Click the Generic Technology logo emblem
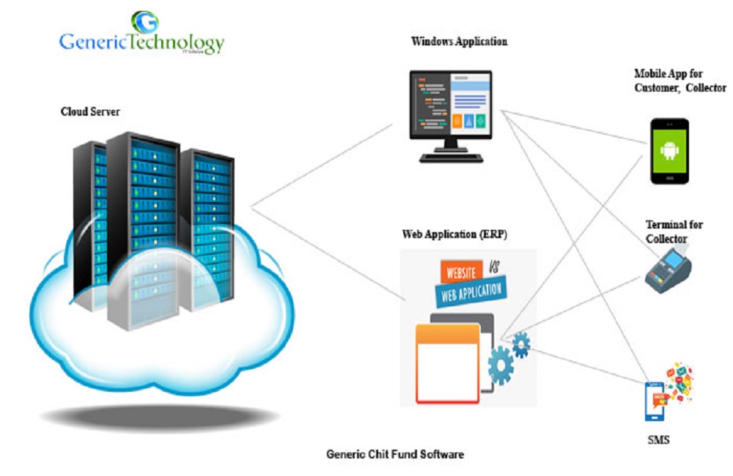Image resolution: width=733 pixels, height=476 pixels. point(145,23)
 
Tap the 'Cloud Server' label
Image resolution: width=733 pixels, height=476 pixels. point(90,112)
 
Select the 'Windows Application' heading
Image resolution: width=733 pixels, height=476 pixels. point(459,42)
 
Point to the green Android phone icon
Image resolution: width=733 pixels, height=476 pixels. point(669,151)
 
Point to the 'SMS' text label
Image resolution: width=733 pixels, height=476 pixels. point(659,440)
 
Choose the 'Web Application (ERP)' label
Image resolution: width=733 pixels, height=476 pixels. point(454,235)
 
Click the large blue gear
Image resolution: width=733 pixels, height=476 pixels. point(502,362)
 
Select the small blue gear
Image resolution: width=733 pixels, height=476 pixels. point(521,343)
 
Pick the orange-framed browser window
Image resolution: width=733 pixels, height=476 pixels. point(447,363)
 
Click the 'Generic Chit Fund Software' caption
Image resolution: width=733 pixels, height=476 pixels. point(394,454)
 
